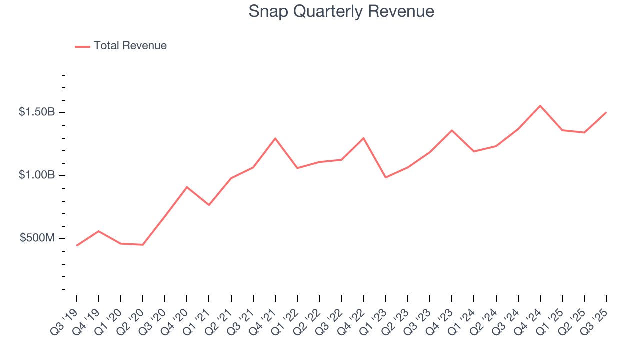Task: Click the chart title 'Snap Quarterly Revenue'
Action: tap(341, 11)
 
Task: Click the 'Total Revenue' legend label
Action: tap(130, 46)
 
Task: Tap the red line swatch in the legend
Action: tap(82, 46)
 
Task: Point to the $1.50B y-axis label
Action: tap(37, 112)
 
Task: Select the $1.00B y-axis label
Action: tap(37, 175)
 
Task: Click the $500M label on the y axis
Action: tap(37, 238)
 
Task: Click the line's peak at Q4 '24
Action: tap(540, 106)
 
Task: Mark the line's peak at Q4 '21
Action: tap(275, 138)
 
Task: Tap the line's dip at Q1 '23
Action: tap(385, 177)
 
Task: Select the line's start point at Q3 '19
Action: tap(77, 245)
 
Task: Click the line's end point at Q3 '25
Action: tap(606, 112)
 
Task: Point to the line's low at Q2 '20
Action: tap(143, 245)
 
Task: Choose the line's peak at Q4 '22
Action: tap(363, 138)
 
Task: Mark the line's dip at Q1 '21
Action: tap(209, 205)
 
